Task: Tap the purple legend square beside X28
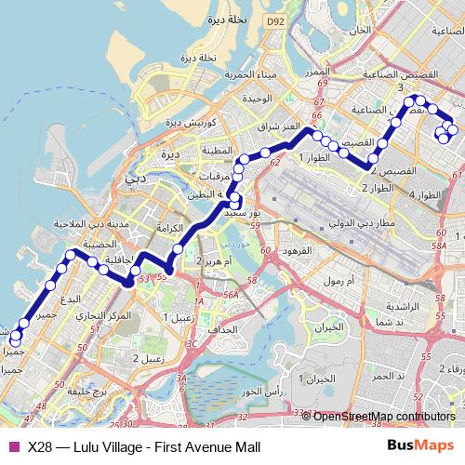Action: [12, 445]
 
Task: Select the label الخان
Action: [359, 31]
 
